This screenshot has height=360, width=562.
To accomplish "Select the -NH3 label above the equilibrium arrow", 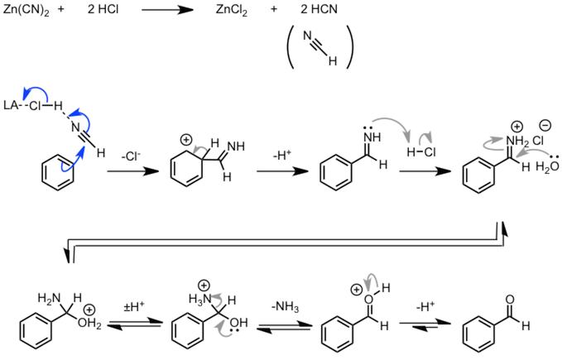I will click(x=281, y=307).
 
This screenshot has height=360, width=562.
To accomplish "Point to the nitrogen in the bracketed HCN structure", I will click(x=307, y=36).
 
